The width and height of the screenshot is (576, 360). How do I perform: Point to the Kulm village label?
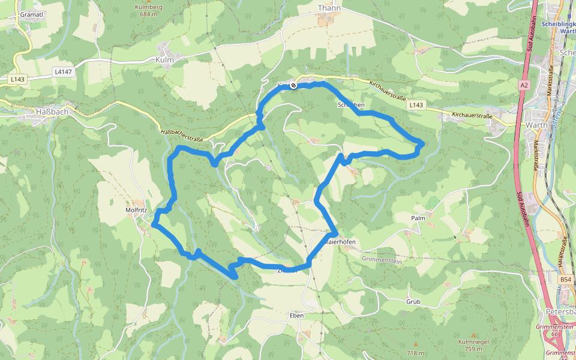(x=164, y=60)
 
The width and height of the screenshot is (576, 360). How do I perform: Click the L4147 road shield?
(x=62, y=71)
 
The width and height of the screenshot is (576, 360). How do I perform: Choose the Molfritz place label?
(x=137, y=211)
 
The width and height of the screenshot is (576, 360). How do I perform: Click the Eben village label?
(x=296, y=316)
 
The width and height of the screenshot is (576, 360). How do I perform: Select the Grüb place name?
(x=413, y=301)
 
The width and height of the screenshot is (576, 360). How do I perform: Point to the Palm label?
(x=418, y=218)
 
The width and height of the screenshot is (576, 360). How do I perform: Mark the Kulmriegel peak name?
(x=470, y=341)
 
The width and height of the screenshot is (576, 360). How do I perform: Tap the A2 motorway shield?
(x=524, y=85)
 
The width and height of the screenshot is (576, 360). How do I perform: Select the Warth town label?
(x=536, y=125)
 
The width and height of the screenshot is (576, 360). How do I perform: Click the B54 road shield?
(x=566, y=280)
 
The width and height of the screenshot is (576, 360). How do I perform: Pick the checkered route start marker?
(x=293, y=85)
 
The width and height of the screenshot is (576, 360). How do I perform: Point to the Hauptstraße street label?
(x=565, y=252)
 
